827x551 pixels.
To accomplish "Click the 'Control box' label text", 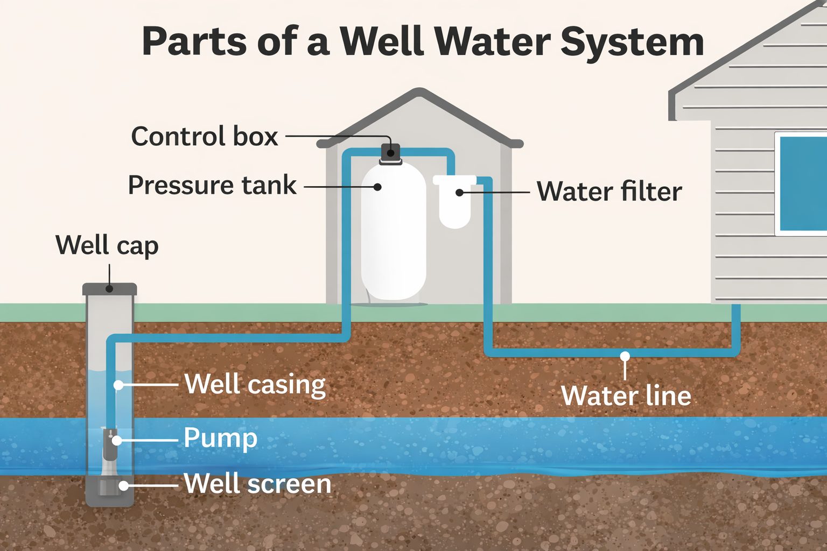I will (205, 137).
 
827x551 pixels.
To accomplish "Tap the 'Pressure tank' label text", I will (212, 186).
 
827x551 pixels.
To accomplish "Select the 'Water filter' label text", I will (609, 192).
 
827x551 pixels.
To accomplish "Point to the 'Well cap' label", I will (107, 245).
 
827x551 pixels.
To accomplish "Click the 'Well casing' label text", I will (255, 385).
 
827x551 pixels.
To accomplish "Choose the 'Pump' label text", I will (220, 438).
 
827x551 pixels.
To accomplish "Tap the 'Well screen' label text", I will (257, 484).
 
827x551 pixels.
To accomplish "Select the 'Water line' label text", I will (626, 396).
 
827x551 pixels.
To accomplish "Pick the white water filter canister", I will (455, 207).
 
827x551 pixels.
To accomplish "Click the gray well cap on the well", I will (109, 289).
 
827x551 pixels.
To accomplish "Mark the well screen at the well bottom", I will (109, 487).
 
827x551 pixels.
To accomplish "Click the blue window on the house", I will (802, 183).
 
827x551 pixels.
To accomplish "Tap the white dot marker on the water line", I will (625, 356).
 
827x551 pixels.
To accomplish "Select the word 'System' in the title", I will (632, 42).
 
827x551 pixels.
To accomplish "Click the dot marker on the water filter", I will (459, 192).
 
